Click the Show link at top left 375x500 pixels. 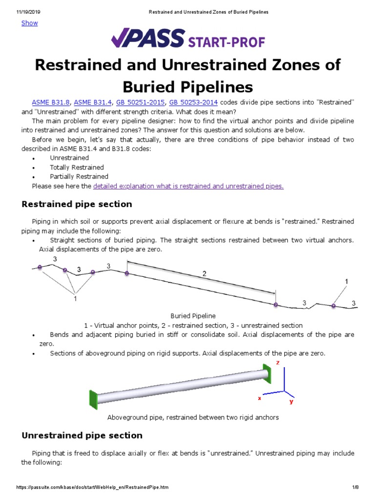29,23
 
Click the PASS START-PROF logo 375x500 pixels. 187,39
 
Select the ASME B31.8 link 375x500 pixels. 51,102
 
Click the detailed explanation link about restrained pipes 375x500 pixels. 188,186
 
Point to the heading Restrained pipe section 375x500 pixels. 77,204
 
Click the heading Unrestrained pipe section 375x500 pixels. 82,435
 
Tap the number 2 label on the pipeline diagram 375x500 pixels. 205,274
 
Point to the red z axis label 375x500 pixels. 277,363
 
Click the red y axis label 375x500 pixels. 291,401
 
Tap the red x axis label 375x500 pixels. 260,398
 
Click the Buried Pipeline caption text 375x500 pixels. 193,316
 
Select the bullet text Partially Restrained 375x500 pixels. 79,177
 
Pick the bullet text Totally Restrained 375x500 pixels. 77,167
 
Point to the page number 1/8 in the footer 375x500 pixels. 355,487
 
